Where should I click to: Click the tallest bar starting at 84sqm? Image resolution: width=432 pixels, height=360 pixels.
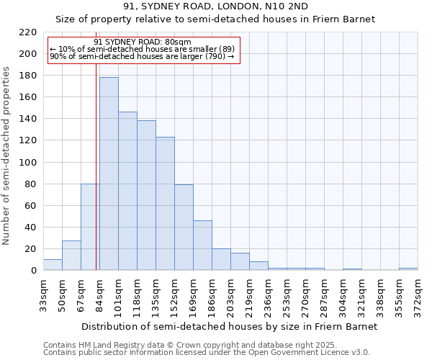coord(109,174)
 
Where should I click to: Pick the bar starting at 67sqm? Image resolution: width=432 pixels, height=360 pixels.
coord(90,227)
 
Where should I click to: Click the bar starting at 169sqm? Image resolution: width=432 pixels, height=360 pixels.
coord(202,246)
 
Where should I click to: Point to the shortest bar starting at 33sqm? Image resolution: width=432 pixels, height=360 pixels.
coord(53,265)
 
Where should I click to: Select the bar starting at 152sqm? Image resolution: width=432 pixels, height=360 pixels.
coord(184,228)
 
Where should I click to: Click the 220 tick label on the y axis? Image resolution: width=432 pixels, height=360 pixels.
coord(28,32)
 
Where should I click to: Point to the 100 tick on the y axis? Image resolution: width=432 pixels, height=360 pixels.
coord(28,163)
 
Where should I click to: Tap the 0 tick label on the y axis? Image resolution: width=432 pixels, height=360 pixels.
coord(34,271)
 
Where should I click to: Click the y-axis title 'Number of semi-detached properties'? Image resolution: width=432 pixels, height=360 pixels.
coord(7,156)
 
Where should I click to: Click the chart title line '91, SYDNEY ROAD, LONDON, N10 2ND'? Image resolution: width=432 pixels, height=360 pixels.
coord(215,6)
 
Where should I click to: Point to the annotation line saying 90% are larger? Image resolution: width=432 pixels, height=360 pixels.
coord(143,56)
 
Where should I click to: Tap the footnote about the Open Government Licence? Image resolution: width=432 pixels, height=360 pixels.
coord(207,353)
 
